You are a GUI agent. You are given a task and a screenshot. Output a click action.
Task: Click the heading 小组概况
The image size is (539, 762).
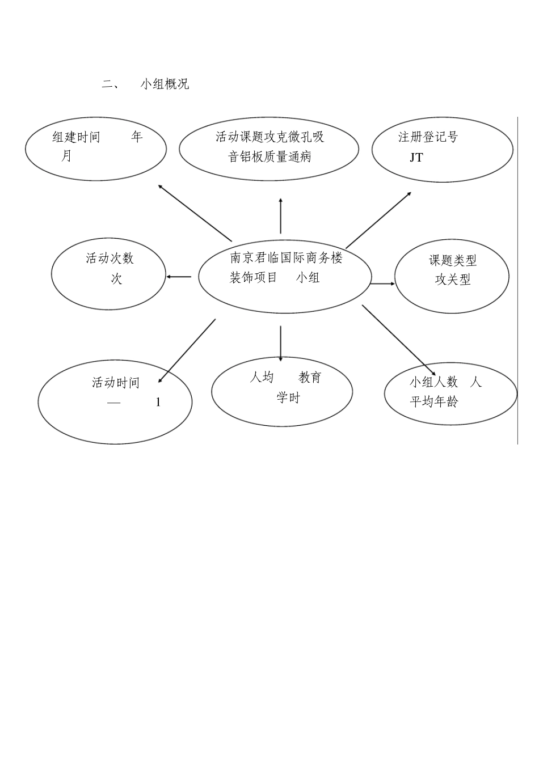click(x=165, y=84)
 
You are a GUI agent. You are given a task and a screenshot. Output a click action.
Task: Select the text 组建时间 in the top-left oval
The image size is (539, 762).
click(x=76, y=137)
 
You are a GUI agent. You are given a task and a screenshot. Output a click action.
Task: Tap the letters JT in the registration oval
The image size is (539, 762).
click(x=416, y=158)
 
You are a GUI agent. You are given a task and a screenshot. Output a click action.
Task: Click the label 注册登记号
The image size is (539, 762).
click(x=428, y=137)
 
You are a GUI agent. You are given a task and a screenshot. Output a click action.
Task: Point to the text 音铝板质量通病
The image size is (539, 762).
click(x=269, y=156)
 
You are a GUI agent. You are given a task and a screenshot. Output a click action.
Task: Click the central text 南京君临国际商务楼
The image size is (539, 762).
click(x=287, y=258)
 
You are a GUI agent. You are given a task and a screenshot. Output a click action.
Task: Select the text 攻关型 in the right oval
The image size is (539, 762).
click(x=453, y=280)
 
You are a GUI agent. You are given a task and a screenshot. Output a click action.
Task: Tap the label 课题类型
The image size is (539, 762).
click(x=453, y=260)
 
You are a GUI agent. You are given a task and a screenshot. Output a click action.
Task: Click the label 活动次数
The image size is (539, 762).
click(x=110, y=259)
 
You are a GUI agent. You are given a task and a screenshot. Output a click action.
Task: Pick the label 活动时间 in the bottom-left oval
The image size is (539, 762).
click(x=116, y=383)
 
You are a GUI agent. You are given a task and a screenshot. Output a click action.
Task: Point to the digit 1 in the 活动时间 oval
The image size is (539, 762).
click(x=158, y=403)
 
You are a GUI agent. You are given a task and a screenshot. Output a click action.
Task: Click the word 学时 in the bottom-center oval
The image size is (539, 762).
click(x=288, y=398)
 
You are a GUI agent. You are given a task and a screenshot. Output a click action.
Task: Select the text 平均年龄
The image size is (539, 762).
click(x=434, y=402)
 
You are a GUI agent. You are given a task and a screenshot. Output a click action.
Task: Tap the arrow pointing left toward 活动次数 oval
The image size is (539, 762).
click(x=179, y=277)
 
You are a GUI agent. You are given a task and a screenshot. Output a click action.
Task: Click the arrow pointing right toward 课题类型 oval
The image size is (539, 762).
click(x=383, y=283)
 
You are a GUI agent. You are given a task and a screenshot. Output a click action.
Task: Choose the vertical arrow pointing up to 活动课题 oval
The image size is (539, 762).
click(x=280, y=215)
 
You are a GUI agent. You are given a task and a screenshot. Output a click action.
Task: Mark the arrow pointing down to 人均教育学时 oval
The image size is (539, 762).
click(x=280, y=343)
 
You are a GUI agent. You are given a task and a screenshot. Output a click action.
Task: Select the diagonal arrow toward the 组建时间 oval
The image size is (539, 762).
click(x=195, y=212)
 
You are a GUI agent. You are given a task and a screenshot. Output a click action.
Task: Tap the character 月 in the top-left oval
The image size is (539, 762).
click(x=67, y=156)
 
